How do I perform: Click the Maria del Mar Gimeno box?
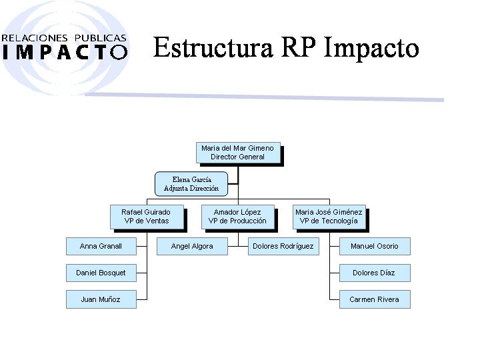238,153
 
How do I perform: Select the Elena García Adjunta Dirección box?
191,184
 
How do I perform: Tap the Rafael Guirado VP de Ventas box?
147,217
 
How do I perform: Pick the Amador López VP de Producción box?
238,217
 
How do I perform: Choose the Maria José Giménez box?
329,217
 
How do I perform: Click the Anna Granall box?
101,246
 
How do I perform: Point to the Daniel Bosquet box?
101,273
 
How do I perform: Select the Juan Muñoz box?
101,299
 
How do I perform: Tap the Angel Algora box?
192,246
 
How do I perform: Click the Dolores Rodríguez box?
283,246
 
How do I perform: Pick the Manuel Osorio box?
375,246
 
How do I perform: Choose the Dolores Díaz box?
375,273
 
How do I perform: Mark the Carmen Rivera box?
375,299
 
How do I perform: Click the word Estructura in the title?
213,47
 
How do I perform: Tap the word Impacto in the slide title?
371,49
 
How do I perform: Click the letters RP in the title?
299,47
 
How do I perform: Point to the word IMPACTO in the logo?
65,52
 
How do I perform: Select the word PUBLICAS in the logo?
101,38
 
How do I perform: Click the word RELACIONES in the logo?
35,38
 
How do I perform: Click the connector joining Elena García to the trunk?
233,184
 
